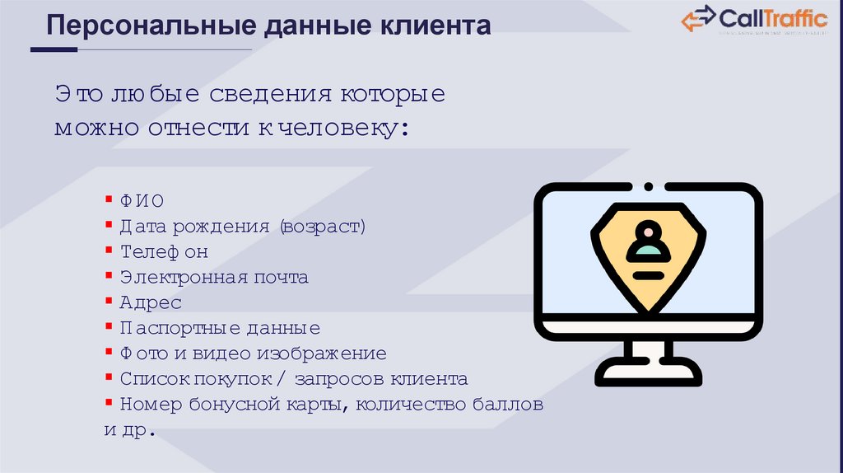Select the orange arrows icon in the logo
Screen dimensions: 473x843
(x=698, y=19)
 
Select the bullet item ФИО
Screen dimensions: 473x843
(x=142, y=201)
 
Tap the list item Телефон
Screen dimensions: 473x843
(x=164, y=251)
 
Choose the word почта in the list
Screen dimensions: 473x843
(x=282, y=277)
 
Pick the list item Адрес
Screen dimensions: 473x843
(x=151, y=302)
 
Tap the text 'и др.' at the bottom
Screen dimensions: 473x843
(x=130, y=430)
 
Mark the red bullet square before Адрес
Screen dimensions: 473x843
(x=109, y=300)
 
